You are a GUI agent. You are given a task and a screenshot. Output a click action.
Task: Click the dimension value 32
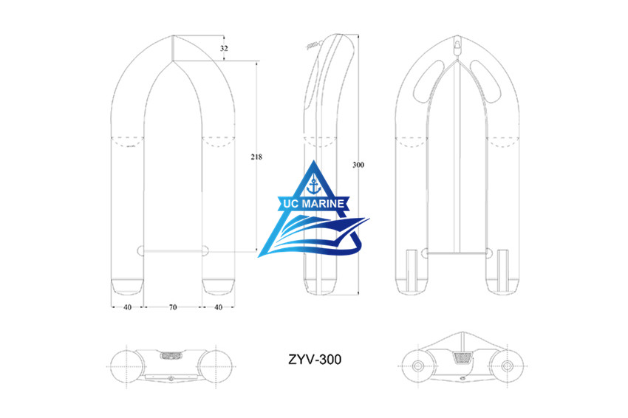(225, 48)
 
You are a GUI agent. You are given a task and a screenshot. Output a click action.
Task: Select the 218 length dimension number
(256, 157)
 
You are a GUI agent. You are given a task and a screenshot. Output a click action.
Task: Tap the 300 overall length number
(358, 165)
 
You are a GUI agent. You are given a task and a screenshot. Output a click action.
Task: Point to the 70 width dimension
(173, 306)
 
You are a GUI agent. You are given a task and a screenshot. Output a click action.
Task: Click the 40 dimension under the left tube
(127, 306)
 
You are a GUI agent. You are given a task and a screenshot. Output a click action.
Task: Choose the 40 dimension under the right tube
(218, 306)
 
